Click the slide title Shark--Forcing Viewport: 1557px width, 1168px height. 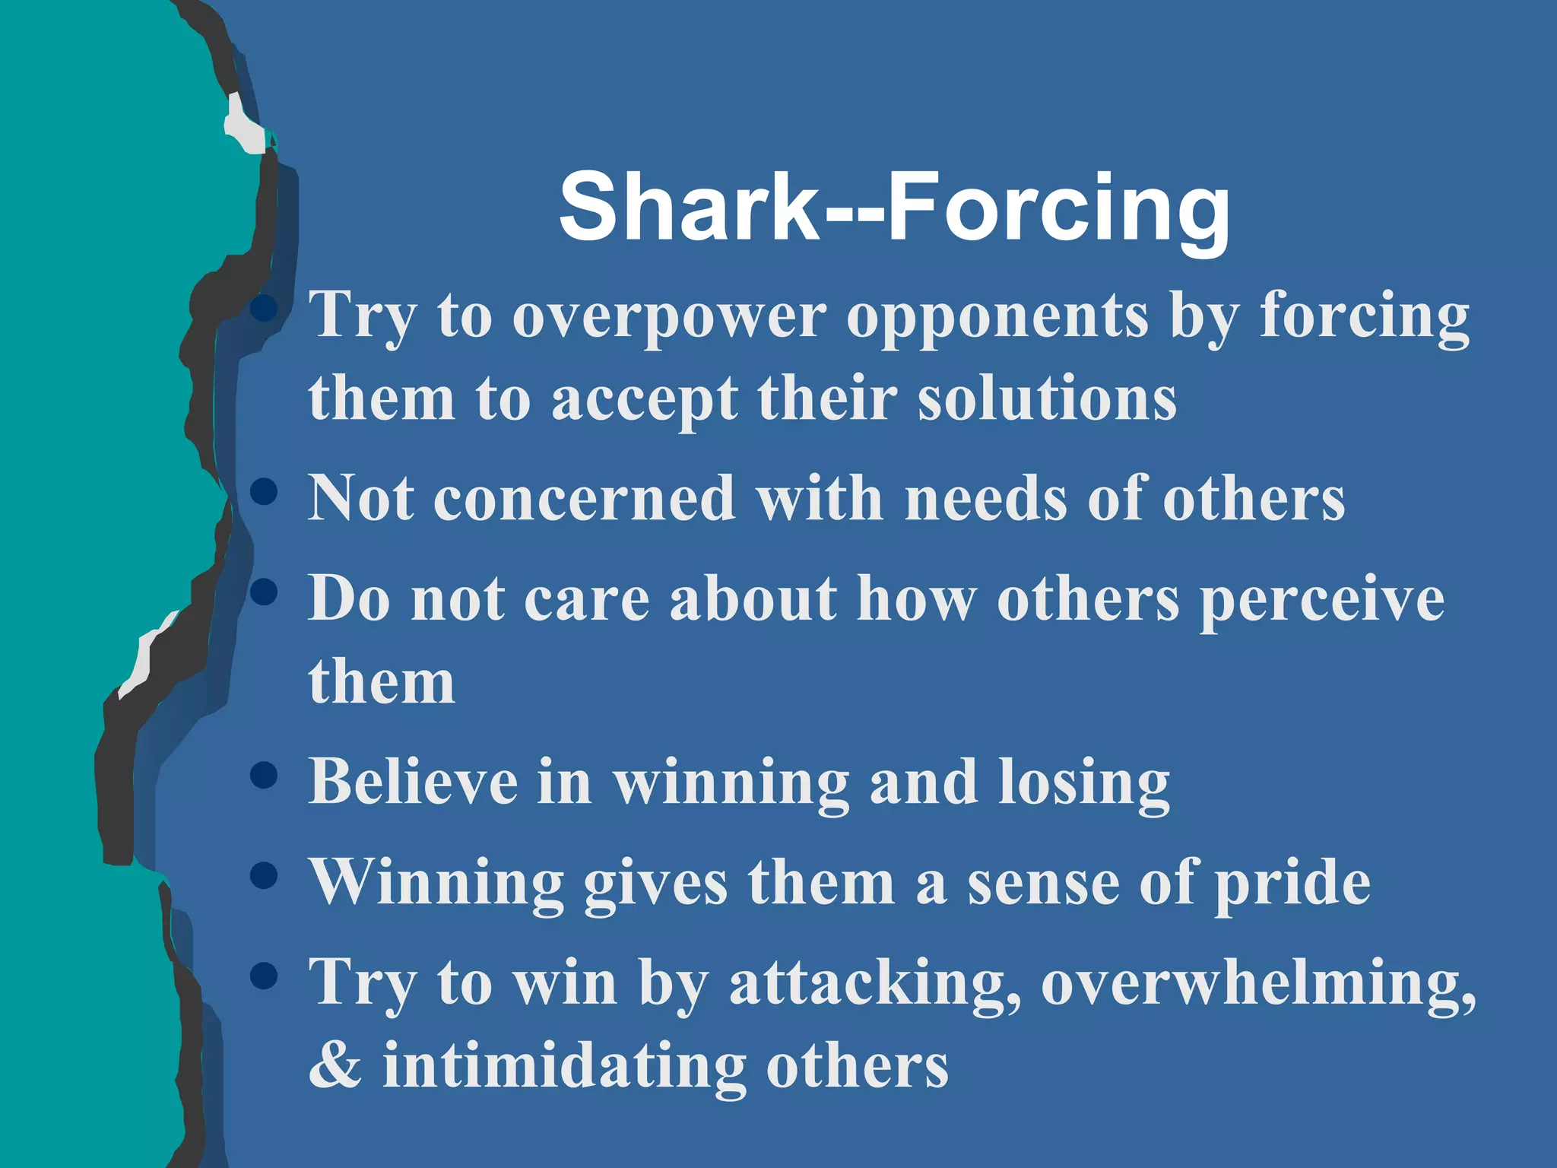pyautogui.click(x=894, y=207)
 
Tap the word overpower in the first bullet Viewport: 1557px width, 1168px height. pyautogui.click(x=669, y=318)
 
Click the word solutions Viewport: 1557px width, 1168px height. pyautogui.click(x=1047, y=399)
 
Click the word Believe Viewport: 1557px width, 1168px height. pyautogui.click(x=413, y=781)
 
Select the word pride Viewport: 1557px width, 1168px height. pyautogui.click(x=1292, y=884)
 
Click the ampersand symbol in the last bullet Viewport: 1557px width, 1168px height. pyautogui.click(x=335, y=1065)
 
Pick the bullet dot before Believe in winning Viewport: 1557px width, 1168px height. pyautogui.click(x=263, y=776)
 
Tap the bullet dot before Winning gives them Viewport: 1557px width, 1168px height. pyautogui.click(x=263, y=875)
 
